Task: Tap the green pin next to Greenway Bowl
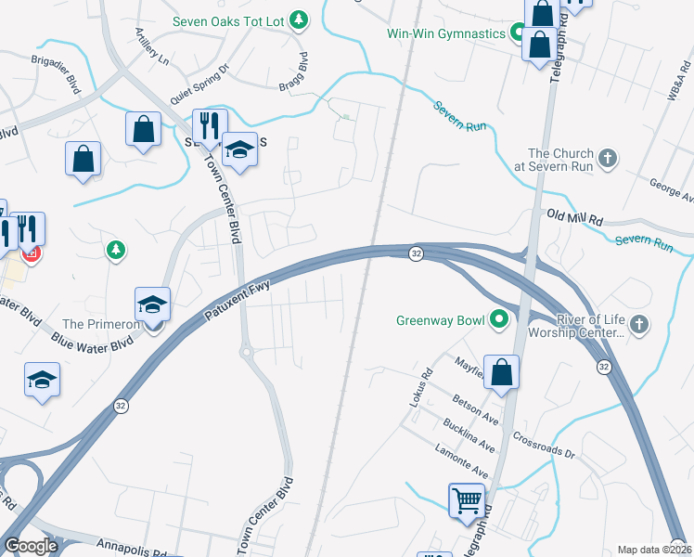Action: click(x=499, y=321)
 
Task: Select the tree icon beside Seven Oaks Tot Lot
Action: click(x=298, y=19)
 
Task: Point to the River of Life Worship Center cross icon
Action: click(x=638, y=324)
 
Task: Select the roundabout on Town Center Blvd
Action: click(x=246, y=353)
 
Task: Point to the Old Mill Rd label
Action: click(x=575, y=218)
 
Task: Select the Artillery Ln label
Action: click(x=151, y=46)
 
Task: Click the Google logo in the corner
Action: click(x=31, y=546)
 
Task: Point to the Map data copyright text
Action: click(x=654, y=550)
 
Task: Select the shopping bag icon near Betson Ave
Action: click(x=500, y=372)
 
